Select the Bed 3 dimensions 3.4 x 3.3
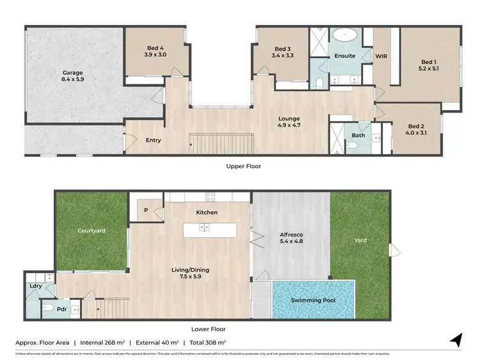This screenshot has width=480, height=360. [x=283, y=56]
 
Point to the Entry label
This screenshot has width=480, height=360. [x=154, y=141]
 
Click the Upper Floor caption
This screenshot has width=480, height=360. [x=243, y=166]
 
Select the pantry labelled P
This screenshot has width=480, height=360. [x=146, y=209]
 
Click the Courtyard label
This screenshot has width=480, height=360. [x=92, y=230]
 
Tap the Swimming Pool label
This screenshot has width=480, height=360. [x=313, y=300]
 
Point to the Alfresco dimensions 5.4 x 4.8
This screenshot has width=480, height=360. [x=291, y=242]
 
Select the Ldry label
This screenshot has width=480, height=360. [x=35, y=286]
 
